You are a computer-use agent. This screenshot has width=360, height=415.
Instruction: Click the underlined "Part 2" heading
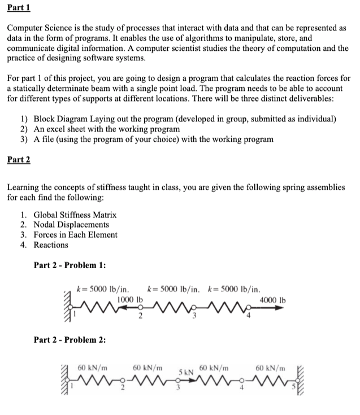tap(19, 159)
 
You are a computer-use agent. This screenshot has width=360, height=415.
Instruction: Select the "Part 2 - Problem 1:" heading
tap(70, 265)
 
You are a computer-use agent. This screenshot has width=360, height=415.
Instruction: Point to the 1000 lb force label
tap(129, 299)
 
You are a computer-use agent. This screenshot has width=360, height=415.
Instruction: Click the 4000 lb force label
tap(272, 299)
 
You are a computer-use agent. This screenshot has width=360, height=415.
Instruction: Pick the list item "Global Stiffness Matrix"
tap(75, 215)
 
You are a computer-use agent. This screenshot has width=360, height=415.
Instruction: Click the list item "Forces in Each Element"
tap(75, 235)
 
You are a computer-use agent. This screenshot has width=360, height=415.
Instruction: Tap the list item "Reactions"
tap(51, 245)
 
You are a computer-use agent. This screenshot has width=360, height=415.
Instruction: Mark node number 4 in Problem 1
tap(248, 316)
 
